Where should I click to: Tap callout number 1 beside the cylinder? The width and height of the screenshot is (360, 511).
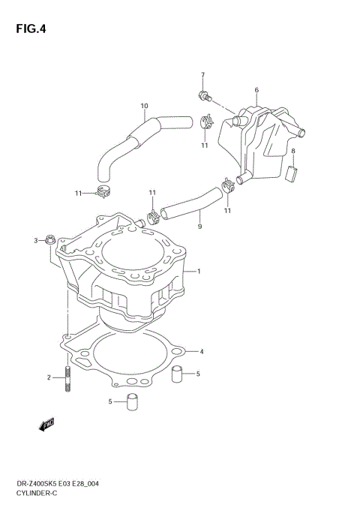pyautogui.click(x=199, y=271)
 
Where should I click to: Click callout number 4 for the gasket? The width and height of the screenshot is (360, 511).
pyautogui.click(x=201, y=350)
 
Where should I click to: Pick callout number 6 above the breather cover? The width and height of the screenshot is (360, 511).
pyautogui.click(x=256, y=90)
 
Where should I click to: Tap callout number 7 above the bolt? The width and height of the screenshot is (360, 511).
pyautogui.click(x=202, y=75)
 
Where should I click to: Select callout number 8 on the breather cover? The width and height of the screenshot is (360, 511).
pyautogui.click(x=293, y=151)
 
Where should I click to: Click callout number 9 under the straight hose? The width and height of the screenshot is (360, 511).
pyautogui.click(x=199, y=226)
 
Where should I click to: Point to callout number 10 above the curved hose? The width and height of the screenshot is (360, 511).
pyautogui.click(x=144, y=105)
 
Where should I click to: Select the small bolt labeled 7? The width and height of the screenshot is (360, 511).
pyautogui.click(x=204, y=95)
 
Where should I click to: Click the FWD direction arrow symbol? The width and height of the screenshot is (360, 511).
pyautogui.click(x=46, y=425)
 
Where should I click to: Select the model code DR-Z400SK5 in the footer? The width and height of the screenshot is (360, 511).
pyautogui.click(x=32, y=484)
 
